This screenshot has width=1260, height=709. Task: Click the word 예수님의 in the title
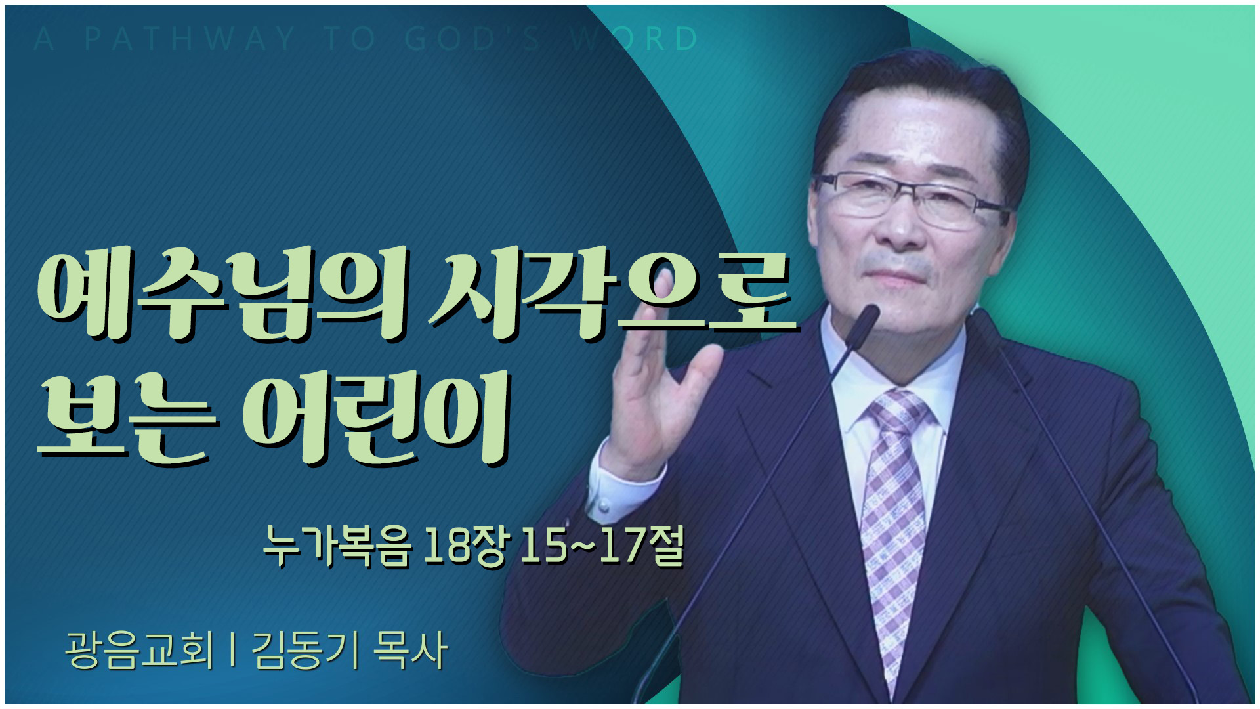click(x=224, y=296)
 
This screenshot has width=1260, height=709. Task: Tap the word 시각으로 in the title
click(x=614, y=296)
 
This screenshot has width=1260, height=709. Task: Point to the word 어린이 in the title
click(x=377, y=418)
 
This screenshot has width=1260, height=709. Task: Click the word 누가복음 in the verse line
click(x=337, y=546)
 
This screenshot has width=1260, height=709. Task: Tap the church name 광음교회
click(x=140, y=650)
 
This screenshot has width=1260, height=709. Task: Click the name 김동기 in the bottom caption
click(x=306, y=650)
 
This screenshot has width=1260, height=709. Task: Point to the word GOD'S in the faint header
click(x=473, y=39)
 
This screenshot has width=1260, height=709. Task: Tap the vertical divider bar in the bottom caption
click(x=233, y=650)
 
